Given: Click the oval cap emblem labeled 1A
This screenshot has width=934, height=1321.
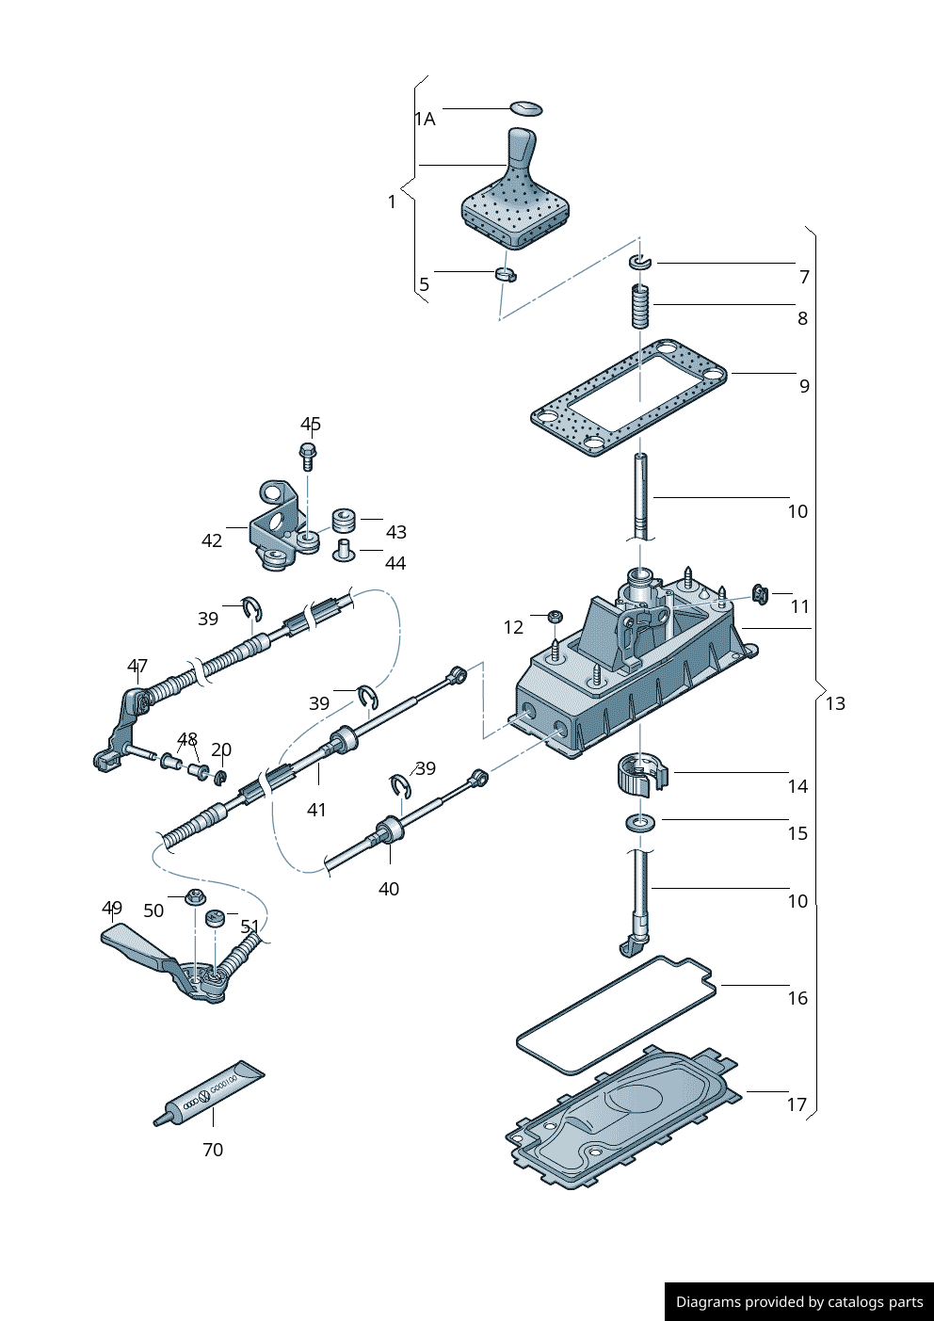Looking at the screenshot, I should point(526,107).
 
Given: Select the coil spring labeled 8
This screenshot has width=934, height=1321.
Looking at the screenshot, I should point(640,306).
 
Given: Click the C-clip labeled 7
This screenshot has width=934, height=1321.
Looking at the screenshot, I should point(640,261).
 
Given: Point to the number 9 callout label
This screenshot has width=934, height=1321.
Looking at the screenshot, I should point(804,386).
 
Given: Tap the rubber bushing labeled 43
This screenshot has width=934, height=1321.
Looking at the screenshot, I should point(345,520).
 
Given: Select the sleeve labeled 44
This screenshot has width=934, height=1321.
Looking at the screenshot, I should point(344,550).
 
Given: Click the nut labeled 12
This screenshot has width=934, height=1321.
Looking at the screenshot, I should point(555,617).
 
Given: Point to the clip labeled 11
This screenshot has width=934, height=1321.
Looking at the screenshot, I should point(760,594).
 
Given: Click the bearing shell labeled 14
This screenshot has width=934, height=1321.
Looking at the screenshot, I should point(641,773).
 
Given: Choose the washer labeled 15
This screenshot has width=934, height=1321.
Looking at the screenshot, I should point(641,823).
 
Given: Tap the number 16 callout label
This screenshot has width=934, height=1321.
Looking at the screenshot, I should point(797,999).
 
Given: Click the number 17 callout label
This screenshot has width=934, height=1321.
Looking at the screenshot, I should point(797,1105).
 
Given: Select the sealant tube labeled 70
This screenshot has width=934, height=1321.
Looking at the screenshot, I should point(210,1094).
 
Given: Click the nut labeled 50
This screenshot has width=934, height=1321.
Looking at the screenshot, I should point(196,895).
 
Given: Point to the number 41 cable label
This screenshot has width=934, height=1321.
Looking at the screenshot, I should point(316,811).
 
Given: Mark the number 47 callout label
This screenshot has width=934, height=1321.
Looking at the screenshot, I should point(137,667).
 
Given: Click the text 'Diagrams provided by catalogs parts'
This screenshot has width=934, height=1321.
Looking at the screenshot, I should point(799,1302).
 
